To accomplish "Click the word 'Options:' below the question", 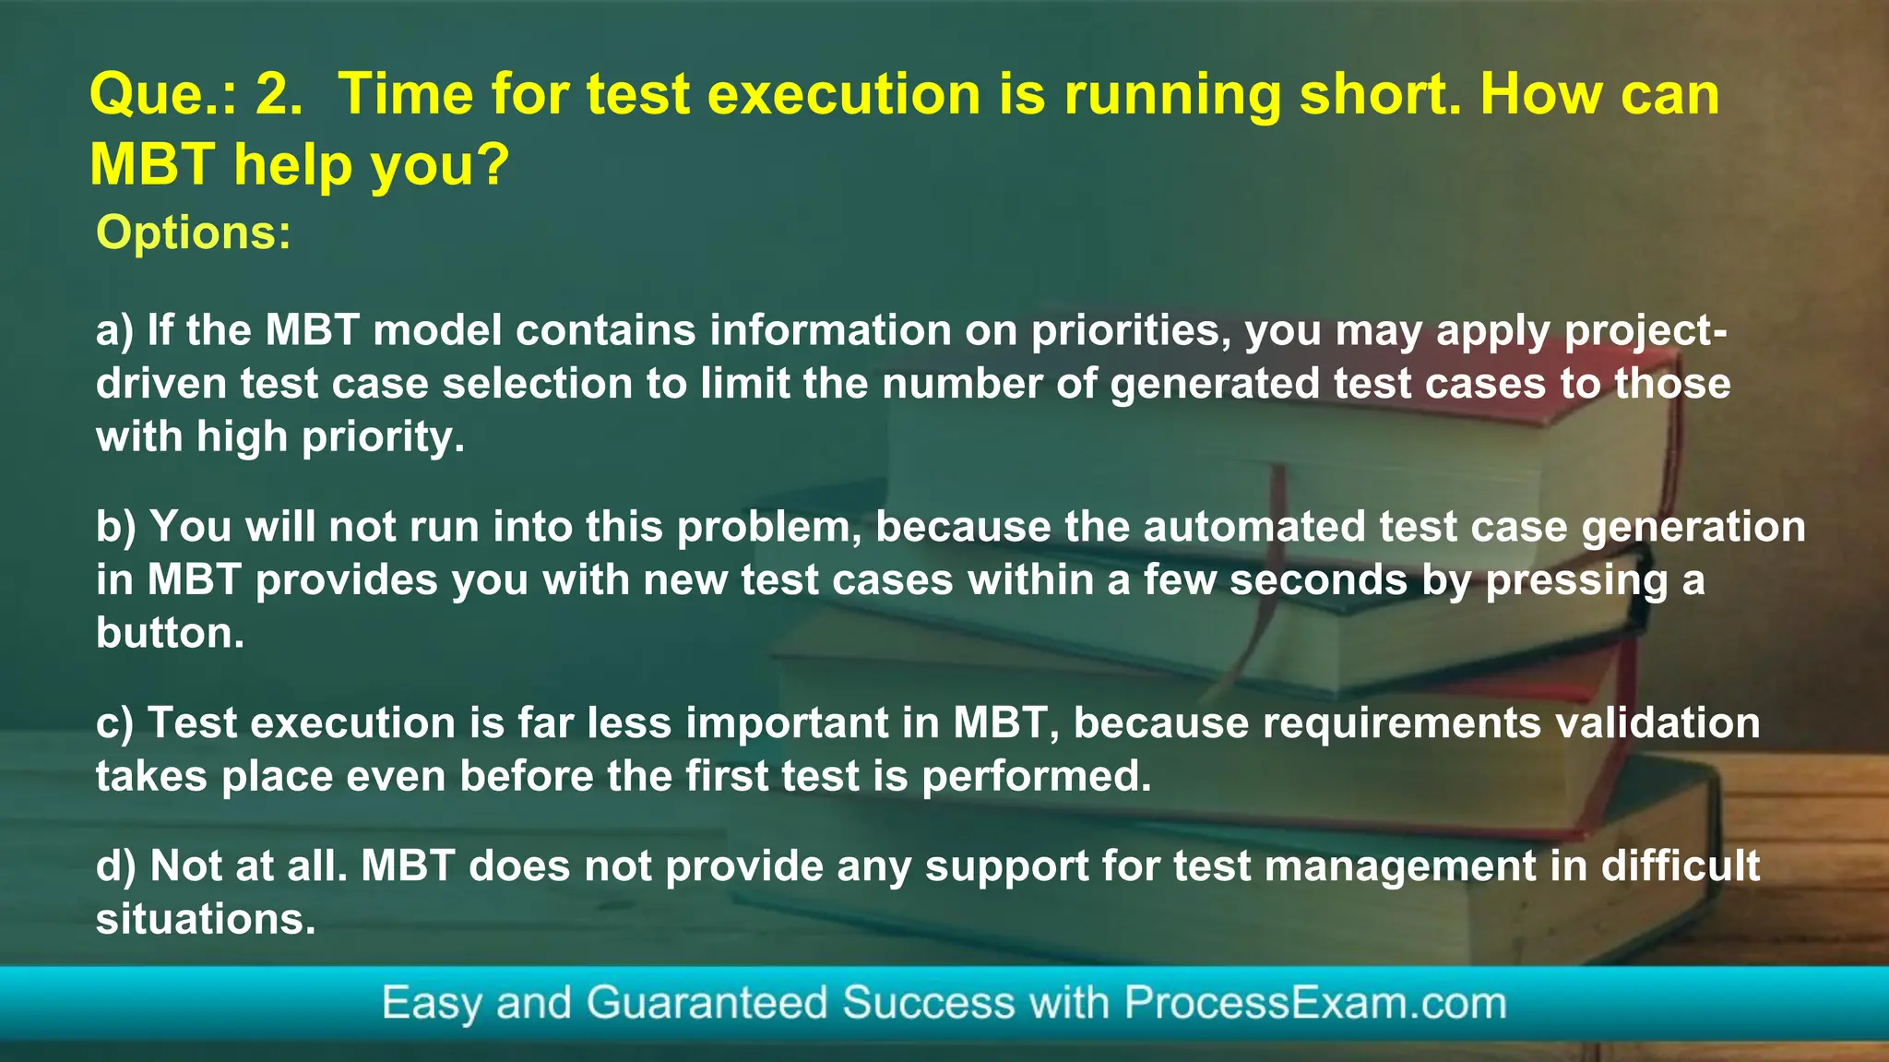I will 194,233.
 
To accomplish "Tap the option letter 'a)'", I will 115,331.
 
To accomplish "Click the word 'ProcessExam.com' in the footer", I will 1315,1003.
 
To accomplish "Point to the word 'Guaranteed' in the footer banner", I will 707,1003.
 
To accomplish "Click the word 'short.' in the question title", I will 1380,95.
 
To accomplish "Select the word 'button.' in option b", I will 171,634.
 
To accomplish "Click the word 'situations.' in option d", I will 206,920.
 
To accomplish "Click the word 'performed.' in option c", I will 1037,777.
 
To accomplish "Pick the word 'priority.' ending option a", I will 383,437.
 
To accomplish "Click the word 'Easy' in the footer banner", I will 432,1004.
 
